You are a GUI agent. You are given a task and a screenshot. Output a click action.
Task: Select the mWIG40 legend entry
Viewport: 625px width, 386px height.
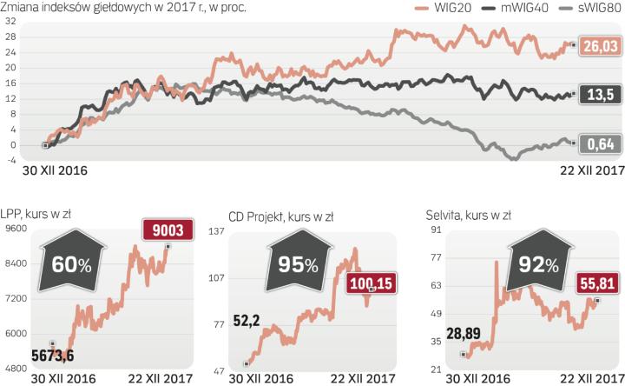pyautogui.click(x=506, y=9)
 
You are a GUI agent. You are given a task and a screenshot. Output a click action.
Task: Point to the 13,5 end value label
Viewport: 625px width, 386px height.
pyautogui.click(x=601, y=93)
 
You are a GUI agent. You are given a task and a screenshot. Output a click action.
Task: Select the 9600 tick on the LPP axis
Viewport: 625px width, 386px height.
pyautogui.click(x=16, y=229)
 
